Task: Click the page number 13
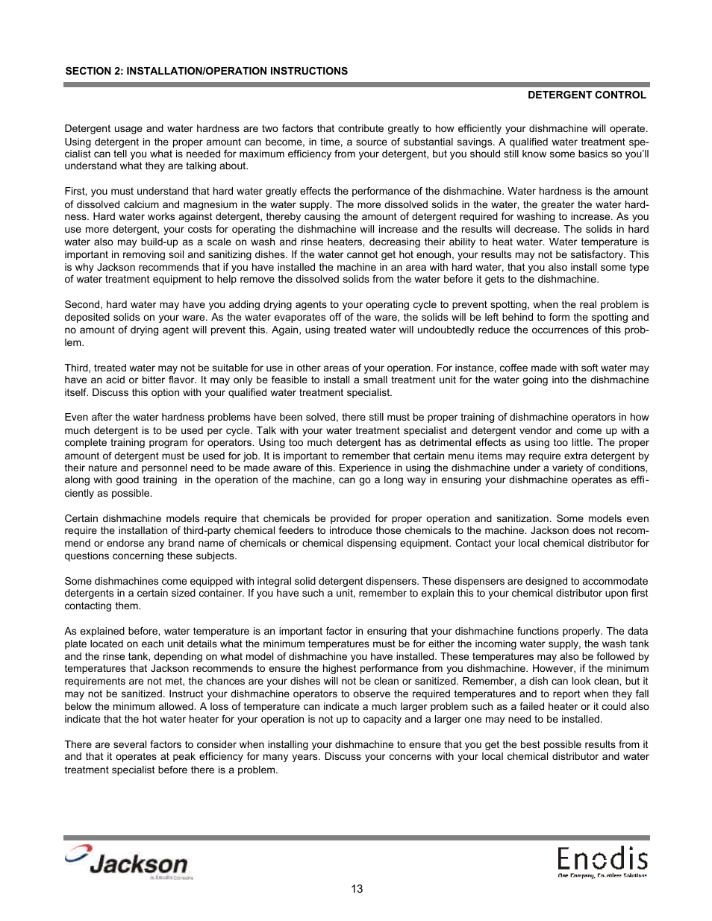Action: click(357, 889)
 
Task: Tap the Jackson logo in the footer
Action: click(127, 863)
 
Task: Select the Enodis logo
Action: click(602, 861)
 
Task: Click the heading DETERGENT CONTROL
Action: click(587, 95)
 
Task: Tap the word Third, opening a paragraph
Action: click(77, 368)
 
